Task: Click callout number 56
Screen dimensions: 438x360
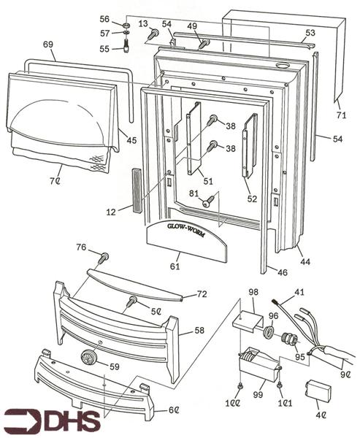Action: point(104,19)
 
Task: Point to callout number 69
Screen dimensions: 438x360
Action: point(48,45)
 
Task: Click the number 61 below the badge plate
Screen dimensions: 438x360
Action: point(175,268)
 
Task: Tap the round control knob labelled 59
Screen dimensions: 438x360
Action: point(88,358)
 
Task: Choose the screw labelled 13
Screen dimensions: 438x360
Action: point(153,34)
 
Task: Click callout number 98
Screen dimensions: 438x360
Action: point(253,292)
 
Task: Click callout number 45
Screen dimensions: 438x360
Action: point(131,141)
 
